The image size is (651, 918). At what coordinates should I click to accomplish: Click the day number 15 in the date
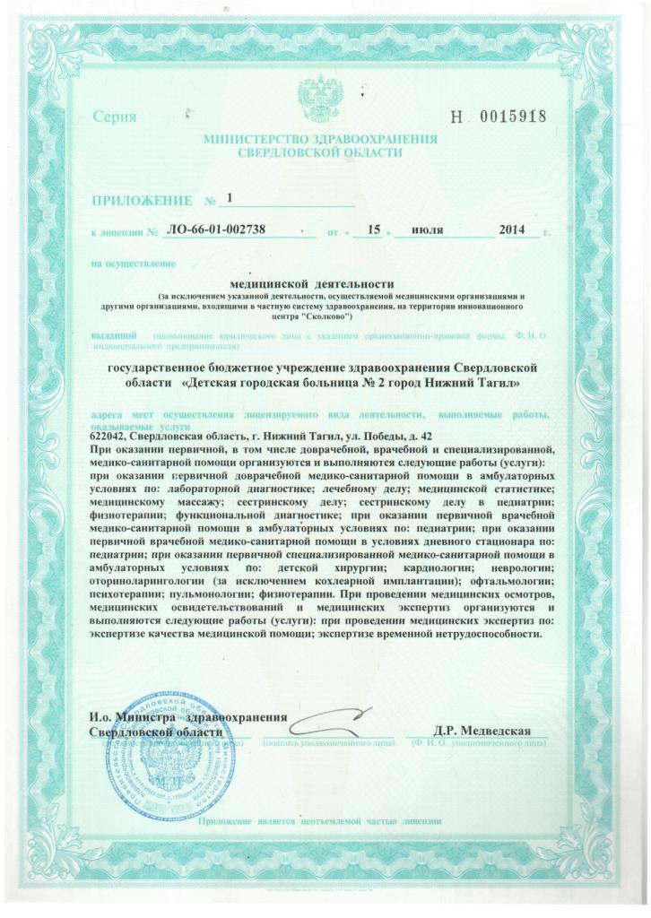click(366, 231)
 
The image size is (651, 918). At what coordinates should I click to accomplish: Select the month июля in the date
click(427, 231)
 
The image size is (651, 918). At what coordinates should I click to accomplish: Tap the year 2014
click(511, 231)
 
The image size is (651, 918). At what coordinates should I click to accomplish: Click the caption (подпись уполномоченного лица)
click(328, 744)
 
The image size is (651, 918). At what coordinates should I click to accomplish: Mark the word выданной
click(113, 336)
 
